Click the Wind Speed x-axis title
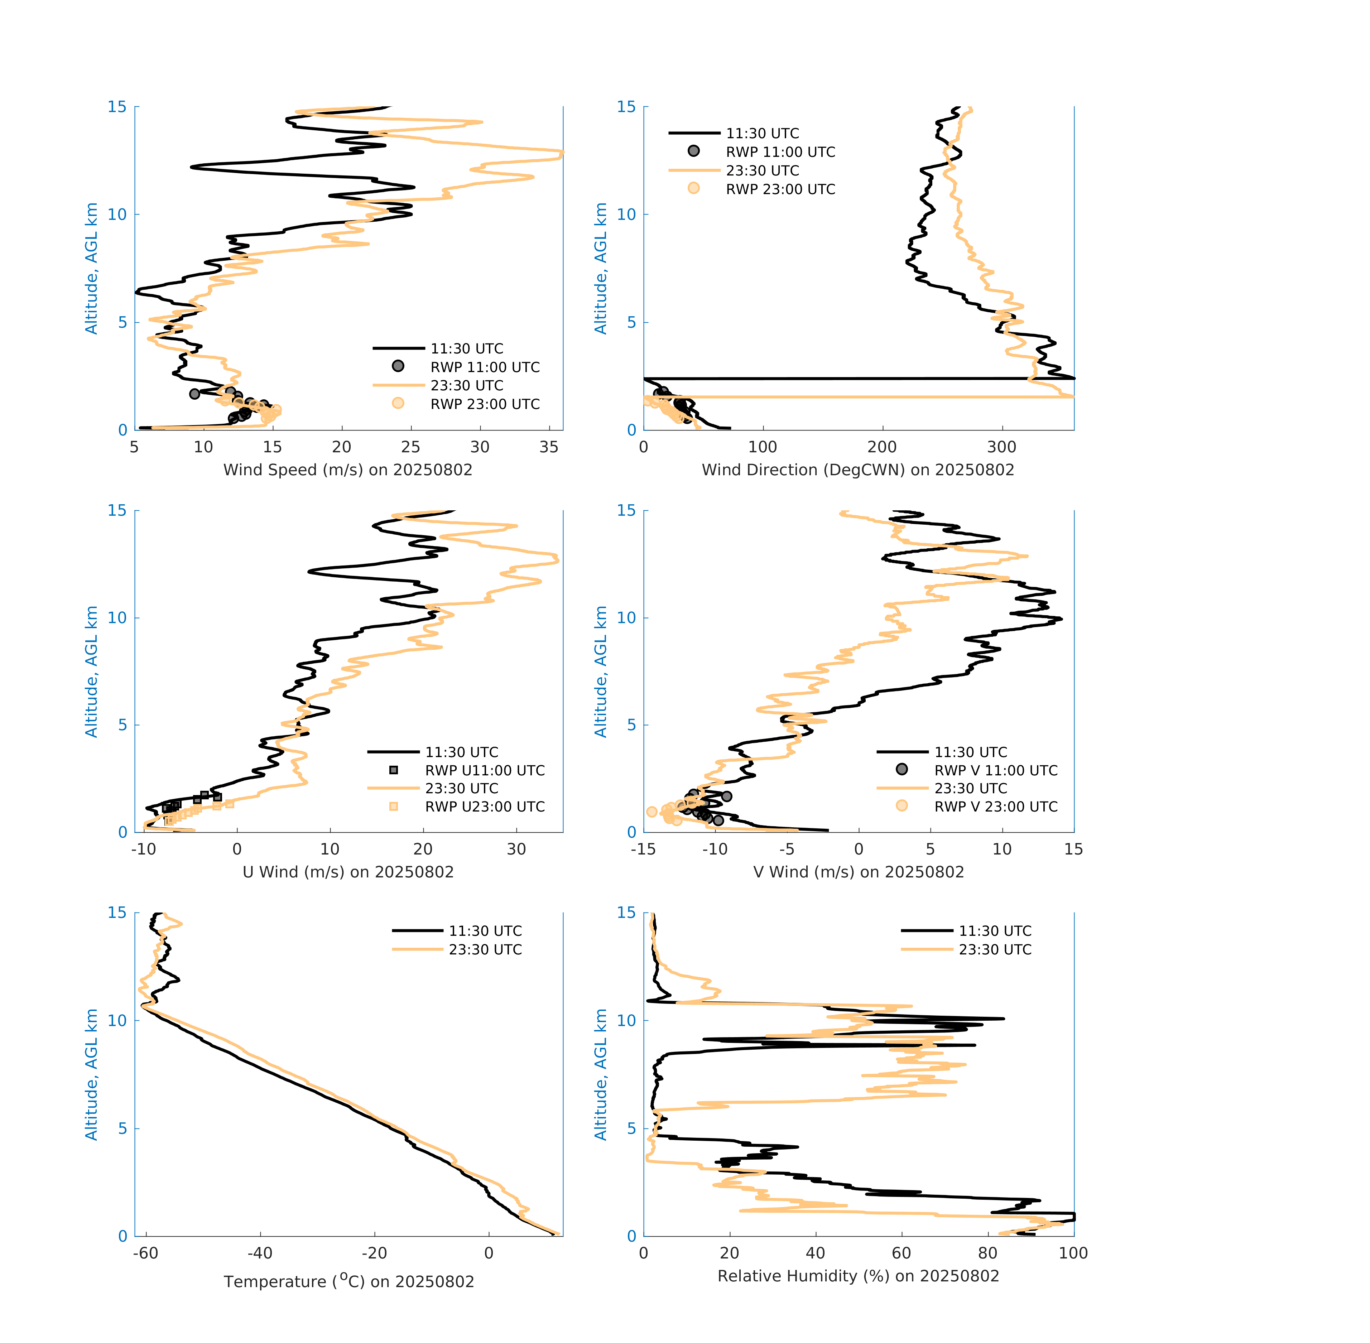pos(348,470)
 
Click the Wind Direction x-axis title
pos(858,470)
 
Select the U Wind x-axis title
pos(348,872)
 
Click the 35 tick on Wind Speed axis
pos(549,447)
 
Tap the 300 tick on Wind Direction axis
pos(1002,447)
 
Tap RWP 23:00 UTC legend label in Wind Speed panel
pos(485,404)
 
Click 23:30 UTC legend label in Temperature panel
pos(485,949)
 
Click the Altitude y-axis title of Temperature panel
pos(91,1074)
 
